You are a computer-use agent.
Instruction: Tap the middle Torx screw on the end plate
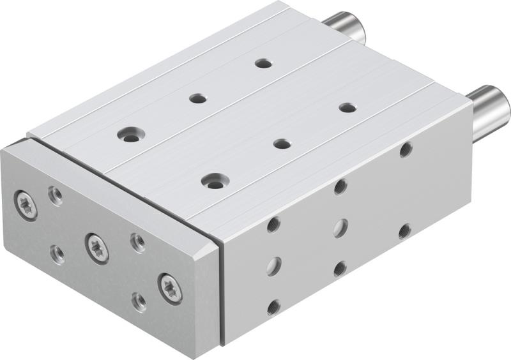click(x=97, y=247)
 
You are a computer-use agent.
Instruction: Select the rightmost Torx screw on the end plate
click(x=170, y=287)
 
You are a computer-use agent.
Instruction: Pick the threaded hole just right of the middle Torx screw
click(x=137, y=242)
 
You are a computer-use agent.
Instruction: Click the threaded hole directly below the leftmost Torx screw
click(x=57, y=253)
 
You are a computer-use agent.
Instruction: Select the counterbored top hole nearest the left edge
click(x=131, y=135)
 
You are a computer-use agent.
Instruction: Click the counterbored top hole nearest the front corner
click(x=214, y=181)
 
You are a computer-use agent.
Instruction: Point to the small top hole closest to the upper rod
click(x=263, y=63)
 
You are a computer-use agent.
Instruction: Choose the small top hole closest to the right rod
click(x=347, y=107)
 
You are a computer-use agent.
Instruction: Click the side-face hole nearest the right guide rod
click(x=406, y=150)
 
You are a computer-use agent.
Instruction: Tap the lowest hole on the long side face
click(x=274, y=306)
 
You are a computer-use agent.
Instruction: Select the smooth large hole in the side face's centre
click(x=340, y=228)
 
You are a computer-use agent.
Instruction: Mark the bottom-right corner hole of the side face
click(x=404, y=231)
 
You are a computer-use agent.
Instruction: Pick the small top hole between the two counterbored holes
click(x=198, y=98)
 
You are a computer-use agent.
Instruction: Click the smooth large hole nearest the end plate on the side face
click(x=274, y=266)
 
